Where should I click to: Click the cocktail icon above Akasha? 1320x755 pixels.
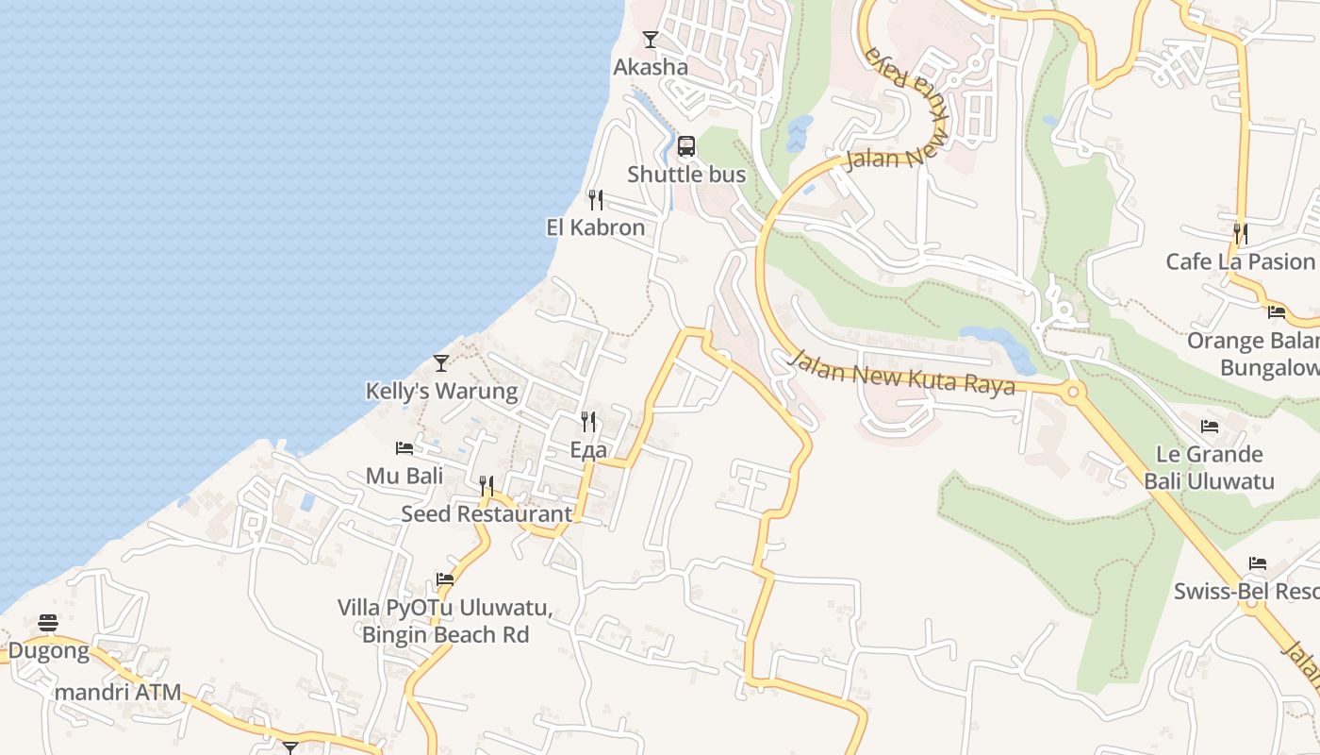tap(650, 40)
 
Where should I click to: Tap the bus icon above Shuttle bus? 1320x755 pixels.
tap(686, 146)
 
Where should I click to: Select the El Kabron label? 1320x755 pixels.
tap(596, 227)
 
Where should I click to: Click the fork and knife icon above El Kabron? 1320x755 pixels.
tap(596, 200)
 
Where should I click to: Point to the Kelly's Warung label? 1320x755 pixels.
tap(441, 391)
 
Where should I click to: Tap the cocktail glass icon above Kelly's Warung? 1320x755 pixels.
tap(441, 363)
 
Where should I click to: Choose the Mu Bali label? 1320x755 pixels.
tap(404, 476)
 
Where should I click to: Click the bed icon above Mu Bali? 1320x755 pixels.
tap(404, 448)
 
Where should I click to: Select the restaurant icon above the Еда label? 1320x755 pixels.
tap(588, 422)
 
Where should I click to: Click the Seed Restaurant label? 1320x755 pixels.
tap(487, 514)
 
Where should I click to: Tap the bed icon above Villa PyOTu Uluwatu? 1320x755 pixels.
tap(445, 579)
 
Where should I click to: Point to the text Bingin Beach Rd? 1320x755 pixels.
tap(445, 634)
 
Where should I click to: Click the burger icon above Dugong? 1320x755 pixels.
tap(48, 623)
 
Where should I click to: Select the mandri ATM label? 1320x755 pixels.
tap(118, 693)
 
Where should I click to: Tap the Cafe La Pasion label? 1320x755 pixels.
tap(1240, 261)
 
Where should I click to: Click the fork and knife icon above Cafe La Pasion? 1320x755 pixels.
tap(1241, 233)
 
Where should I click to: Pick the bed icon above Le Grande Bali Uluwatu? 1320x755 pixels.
tap(1210, 428)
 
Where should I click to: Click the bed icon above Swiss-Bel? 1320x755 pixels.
tap(1258, 563)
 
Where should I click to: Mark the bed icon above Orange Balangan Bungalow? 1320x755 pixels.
tap(1277, 312)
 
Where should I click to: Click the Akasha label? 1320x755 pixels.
tap(651, 67)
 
